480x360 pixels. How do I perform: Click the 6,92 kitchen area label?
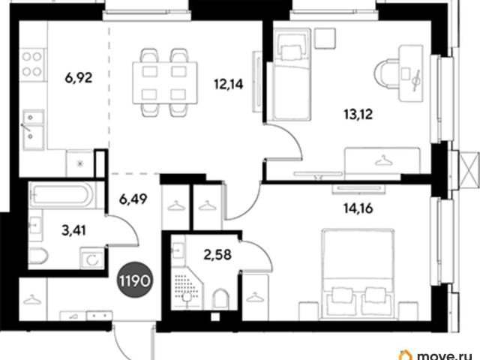(78, 78)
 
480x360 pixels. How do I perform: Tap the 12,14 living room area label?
(229, 84)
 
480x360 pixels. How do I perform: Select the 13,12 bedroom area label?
(358, 115)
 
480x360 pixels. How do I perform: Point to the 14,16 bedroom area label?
(358, 208)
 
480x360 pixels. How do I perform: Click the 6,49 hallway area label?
(133, 199)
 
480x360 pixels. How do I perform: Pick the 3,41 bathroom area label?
(73, 230)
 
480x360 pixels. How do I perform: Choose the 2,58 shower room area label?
(217, 255)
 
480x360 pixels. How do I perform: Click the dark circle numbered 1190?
(135, 280)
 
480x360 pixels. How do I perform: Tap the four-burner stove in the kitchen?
(32, 64)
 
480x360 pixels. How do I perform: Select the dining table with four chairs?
(165, 82)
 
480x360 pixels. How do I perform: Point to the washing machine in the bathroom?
(91, 258)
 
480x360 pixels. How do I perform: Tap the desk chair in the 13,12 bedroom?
(386, 74)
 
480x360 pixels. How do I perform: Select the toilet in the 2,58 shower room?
(220, 298)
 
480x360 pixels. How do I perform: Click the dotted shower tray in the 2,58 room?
(187, 287)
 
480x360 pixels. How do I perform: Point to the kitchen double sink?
(33, 130)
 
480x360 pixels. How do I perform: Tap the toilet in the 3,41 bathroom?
(38, 256)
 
